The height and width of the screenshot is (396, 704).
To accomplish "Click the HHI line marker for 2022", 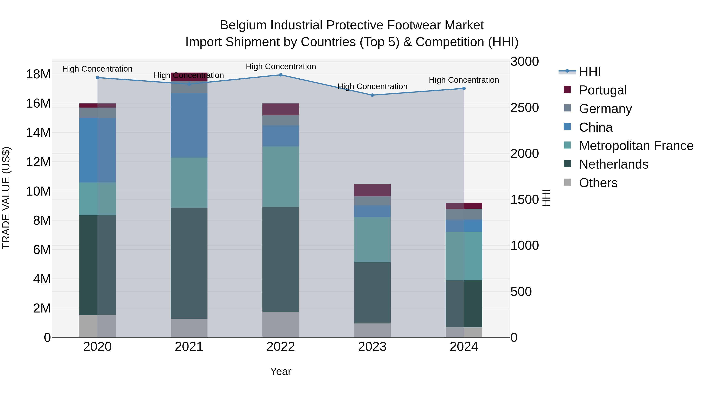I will [280, 75].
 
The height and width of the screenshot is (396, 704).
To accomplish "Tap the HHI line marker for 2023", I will [372, 95].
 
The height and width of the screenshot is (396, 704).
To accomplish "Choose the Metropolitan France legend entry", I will [636, 146].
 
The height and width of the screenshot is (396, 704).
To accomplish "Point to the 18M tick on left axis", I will [38, 74].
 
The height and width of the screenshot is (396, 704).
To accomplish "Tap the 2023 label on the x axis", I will [372, 347].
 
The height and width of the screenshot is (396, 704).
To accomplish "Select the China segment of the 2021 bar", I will [189, 125].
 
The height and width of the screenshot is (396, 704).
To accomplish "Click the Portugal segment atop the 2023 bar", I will [372, 190].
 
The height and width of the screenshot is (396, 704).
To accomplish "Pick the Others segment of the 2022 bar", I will [280, 324].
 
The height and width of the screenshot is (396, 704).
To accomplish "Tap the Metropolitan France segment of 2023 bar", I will [372, 240].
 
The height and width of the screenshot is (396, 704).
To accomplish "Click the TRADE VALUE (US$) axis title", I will [6, 198].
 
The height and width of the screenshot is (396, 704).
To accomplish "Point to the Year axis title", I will [280, 371].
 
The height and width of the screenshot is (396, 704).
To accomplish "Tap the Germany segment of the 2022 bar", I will [280, 120].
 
